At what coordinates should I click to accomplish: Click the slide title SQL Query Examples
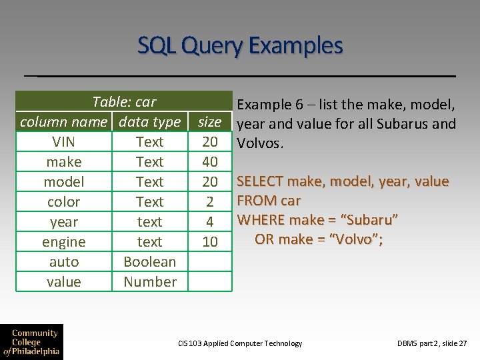(x=240, y=46)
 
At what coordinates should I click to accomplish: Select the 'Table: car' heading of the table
(x=124, y=102)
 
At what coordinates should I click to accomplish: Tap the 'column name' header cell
(x=63, y=122)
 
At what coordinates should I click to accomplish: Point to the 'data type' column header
(x=149, y=122)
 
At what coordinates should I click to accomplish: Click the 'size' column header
(x=209, y=122)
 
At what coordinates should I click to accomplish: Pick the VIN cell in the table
(x=63, y=142)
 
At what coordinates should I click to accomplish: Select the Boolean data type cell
(x=149, y=262)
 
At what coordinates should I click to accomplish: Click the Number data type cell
(x=149, y=282)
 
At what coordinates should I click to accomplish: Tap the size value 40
(x=209, y=162)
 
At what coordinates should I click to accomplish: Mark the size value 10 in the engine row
(x=209, y=242)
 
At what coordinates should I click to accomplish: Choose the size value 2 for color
(x=209, y=202)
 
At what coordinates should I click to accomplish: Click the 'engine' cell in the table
(x=63, y=242)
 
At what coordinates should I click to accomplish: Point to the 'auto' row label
(x=63, y=262)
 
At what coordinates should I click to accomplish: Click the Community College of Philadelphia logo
(x=31, y=341)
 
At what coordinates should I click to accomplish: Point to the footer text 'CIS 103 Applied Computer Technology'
(x=240, y=343)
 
